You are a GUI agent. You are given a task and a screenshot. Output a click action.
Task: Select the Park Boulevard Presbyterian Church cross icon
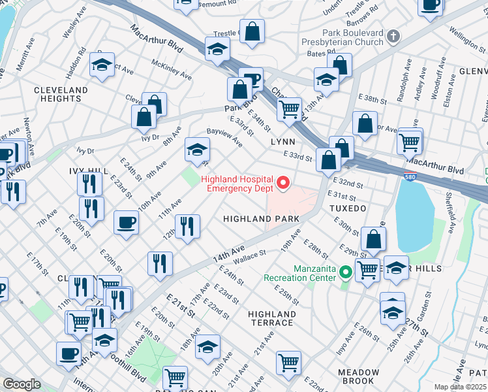click(393, 37)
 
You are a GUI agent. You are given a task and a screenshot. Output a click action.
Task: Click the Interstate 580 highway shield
click(406, 178)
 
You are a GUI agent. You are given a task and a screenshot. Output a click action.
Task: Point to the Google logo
click(22, 384)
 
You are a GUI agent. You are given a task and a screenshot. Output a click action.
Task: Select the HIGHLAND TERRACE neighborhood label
click(271, 319)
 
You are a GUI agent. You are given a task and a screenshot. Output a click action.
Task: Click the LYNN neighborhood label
click(282, 142)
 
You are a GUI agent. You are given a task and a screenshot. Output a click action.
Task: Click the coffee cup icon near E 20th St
click(126, 222)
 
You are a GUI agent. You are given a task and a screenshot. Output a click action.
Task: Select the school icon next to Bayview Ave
click(197, 150)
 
